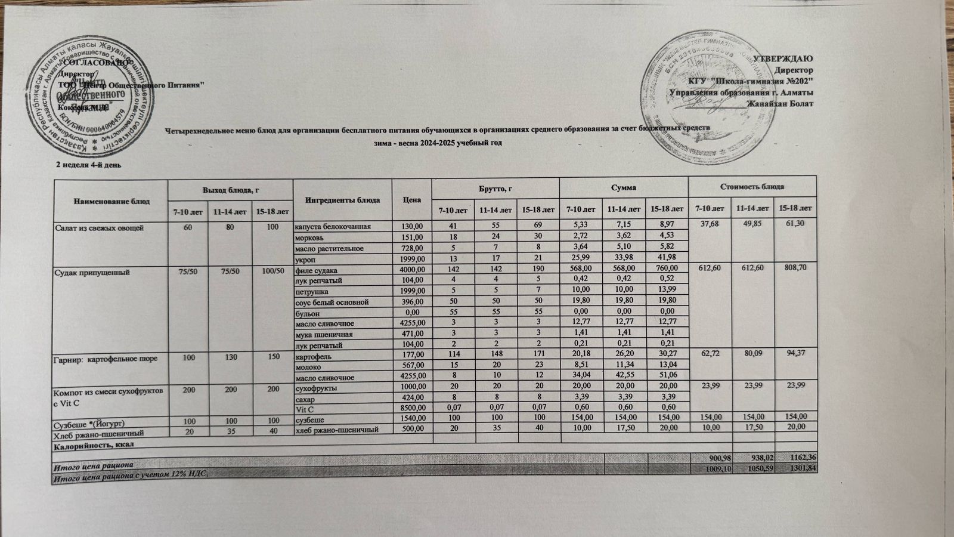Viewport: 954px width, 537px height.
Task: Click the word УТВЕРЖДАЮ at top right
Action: [x=782, y=58]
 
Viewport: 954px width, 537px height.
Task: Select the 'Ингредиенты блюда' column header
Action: [x=342, y=200]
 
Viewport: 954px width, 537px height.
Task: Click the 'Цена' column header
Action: [x=411, y=200]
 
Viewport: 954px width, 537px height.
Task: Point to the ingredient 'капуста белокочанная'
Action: [x=333, y=227]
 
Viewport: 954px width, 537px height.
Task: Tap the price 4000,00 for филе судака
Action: [x=412, y=270]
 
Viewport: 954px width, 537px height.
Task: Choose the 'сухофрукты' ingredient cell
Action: [x=317, y=388]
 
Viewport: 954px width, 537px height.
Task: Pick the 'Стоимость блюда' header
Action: [x=752, y=187]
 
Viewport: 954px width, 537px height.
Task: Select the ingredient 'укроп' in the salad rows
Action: [x=305, y=259]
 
